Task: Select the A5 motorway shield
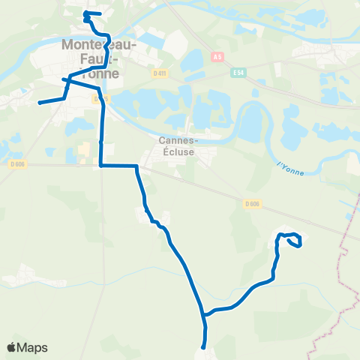click(x=218, y=56)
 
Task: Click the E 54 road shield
click(x=239, y=73)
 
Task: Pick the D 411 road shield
click(x=159, y=72)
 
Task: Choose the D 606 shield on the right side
click(x=252, y=202)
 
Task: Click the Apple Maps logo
click(x=27, y=347)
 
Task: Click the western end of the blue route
click(x=39, y=102)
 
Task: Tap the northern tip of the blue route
click(x=85, y=13)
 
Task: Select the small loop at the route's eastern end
click(x=291, y=240)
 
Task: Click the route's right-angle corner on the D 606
click(x=100, y=165)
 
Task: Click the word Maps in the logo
click(x=33, y=347)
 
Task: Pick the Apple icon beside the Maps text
click(x=12, y=347)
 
